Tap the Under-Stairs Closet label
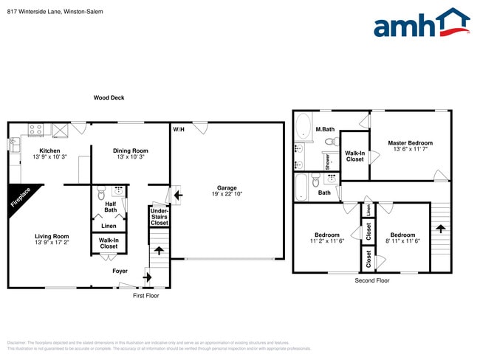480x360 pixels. click(x=159, y=216)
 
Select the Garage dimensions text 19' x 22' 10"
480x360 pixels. click(x=227, y=194)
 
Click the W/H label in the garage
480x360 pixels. click(x=179, y=130)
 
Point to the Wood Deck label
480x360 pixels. click(x=109, y=97)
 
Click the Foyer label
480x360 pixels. click(x=120, y=271)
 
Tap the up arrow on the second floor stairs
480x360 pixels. click(x=441, y=229)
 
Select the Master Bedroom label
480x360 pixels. click(x=410, y=143)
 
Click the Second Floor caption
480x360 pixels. click(x=372, y=281)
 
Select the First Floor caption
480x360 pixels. click(x=145, y=295)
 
